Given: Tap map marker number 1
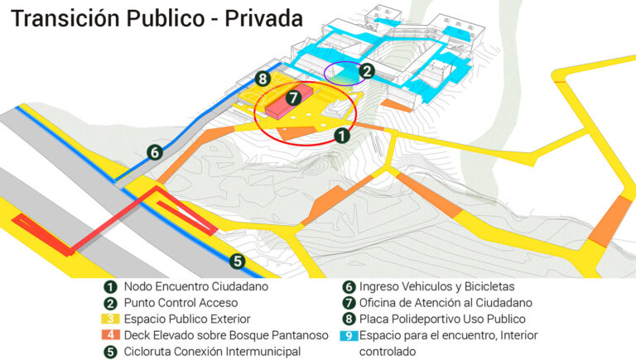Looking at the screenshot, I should [340, 134].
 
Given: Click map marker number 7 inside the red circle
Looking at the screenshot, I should [291, 98].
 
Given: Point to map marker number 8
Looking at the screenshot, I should [263, 79].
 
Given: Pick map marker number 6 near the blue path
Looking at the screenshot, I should [154, 151].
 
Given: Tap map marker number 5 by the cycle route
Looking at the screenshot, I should [237, 261].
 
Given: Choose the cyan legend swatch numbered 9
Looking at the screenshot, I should [348, 335].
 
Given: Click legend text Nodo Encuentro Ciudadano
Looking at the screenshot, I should [196, 286].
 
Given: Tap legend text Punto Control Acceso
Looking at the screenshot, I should [181, 303].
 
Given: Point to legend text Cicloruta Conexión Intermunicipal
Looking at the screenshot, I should [212, 352].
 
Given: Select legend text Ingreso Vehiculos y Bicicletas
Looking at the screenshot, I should [437, 286].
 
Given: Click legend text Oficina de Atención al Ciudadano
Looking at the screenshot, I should [446, 303].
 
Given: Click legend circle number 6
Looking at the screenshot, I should [348, 286].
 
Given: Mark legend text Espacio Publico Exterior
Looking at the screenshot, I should [187, 319].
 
